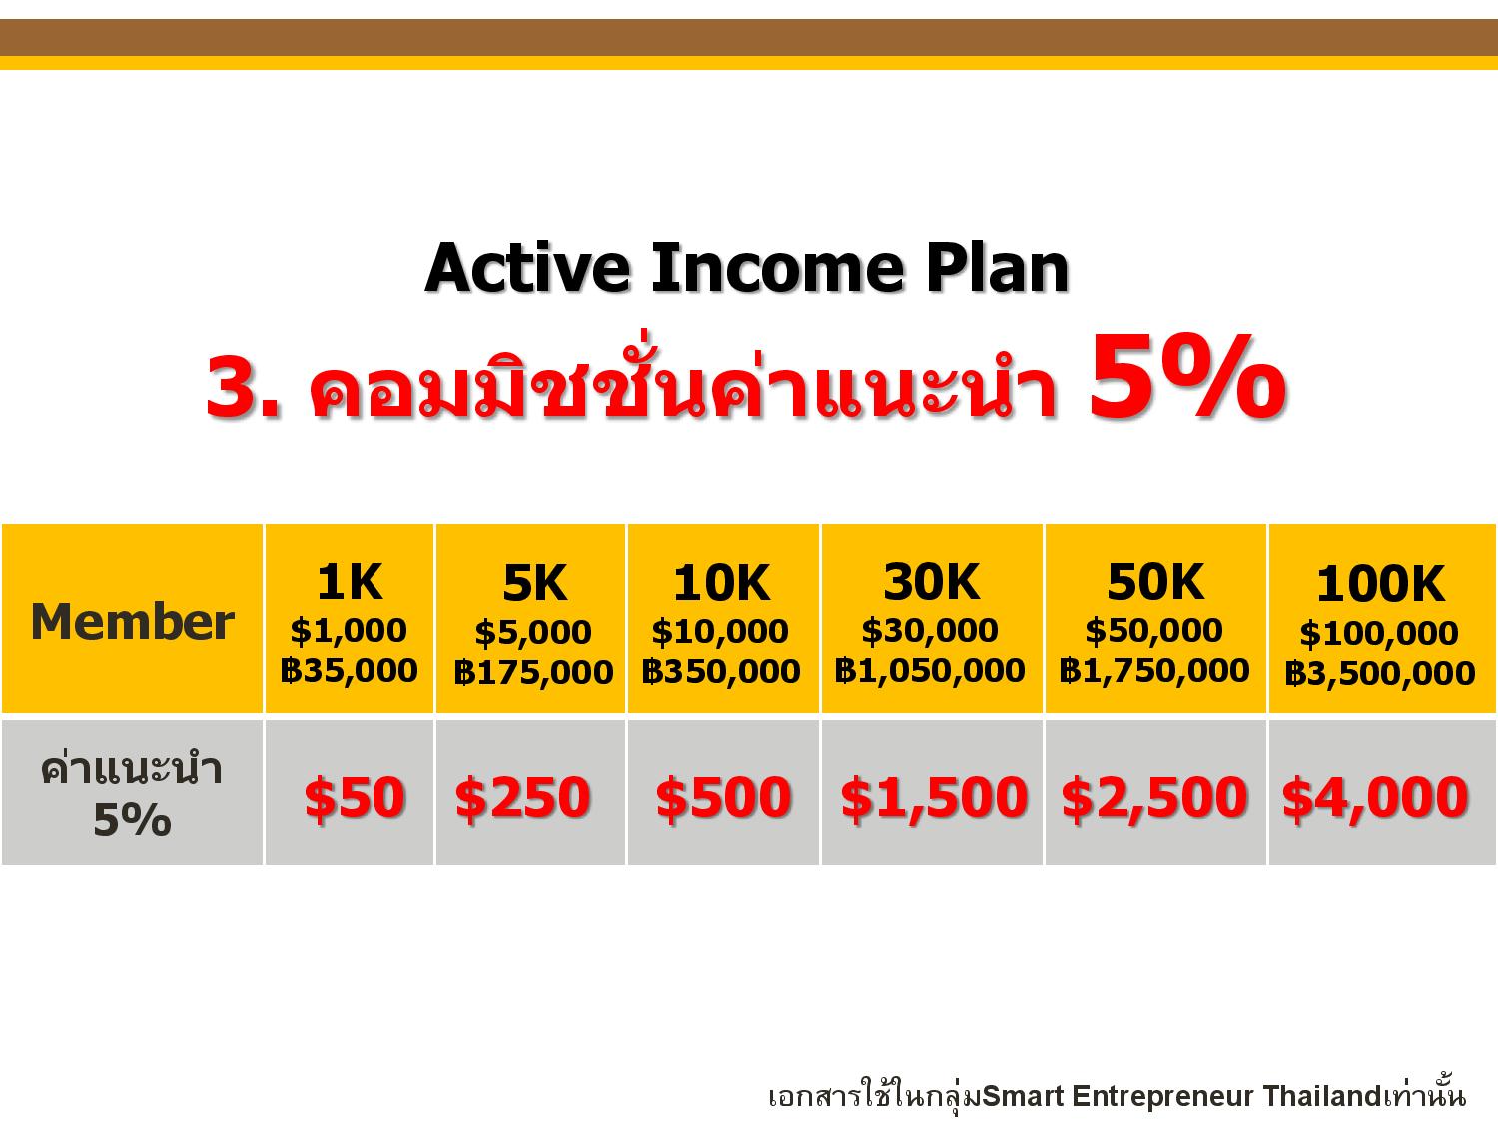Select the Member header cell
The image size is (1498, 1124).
click(133, 621)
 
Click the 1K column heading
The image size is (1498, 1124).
click(350, 582)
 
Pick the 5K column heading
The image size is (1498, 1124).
click(535, 583)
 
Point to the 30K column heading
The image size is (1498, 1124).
click(932, 582)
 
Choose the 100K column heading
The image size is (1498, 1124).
click(1380, 584)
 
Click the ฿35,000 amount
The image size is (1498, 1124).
click(350, 670)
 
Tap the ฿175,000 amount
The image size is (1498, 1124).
click(533, 672)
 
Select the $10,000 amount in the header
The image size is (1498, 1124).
click(720, 631)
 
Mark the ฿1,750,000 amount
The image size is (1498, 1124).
click(1154, 670)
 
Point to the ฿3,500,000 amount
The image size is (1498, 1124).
click(1380, 673)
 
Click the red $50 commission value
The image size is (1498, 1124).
click(355, 797)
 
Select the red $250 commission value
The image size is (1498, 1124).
click(522, 797)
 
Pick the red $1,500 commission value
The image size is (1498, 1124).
click(934, 797)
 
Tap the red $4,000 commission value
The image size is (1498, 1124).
click(1375, 797)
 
